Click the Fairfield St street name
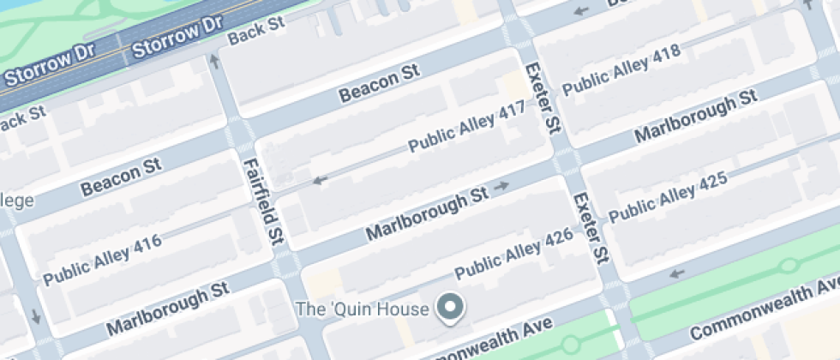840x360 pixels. click(263, 199)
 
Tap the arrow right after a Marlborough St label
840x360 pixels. click(503, 185)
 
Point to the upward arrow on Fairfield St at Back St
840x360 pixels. click(214, 60)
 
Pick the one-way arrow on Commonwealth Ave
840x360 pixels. click(677, 273)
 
